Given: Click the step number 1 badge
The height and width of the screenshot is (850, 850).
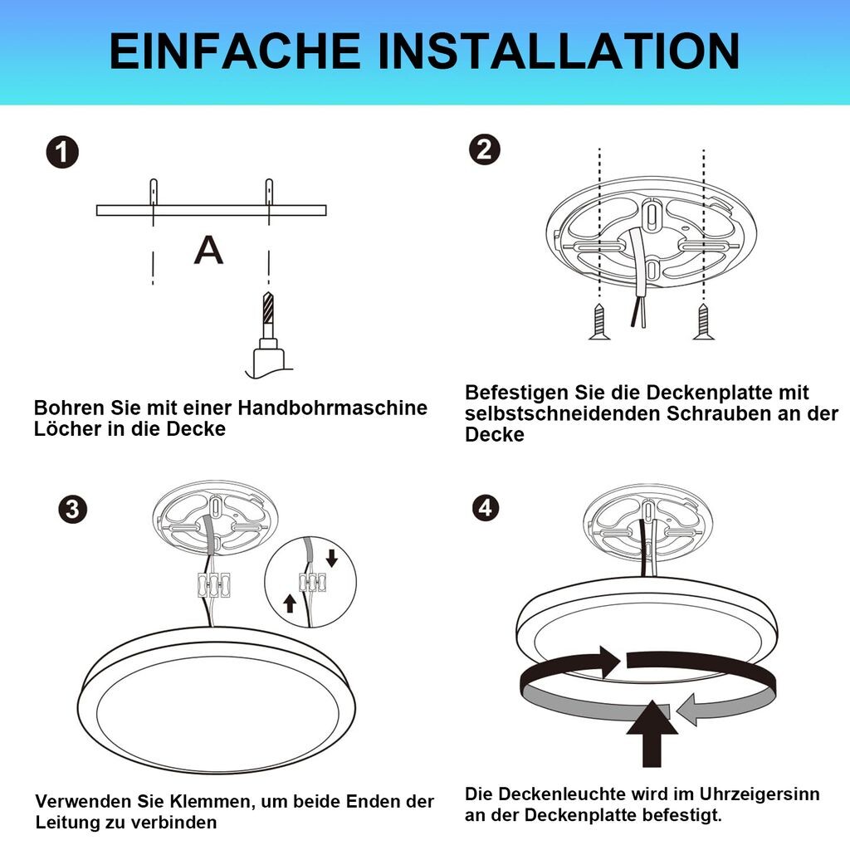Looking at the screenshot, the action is [62, 153].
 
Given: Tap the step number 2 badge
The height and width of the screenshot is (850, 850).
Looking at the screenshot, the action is [485, 150].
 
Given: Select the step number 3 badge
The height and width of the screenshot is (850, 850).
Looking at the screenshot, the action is [73, 509].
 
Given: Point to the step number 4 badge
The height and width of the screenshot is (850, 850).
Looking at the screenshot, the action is [485, 508].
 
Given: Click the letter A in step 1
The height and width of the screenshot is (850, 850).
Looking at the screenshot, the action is [208, 251].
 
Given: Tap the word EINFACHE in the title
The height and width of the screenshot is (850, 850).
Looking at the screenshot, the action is [235, 51].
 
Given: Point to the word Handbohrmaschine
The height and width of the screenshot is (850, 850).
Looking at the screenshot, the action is [333, 408].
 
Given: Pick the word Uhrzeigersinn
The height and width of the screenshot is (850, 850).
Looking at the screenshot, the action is [760, 794].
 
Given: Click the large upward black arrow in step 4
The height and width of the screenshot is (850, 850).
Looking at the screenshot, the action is [652, 733].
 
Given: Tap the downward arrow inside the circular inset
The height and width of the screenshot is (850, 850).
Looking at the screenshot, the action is [332, 558].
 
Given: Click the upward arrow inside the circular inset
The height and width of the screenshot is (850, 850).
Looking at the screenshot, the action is [290, 603].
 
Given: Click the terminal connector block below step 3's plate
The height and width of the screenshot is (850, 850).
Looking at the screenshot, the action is [213, 585].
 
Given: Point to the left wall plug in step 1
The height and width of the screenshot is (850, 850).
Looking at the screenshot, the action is [154, 192].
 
